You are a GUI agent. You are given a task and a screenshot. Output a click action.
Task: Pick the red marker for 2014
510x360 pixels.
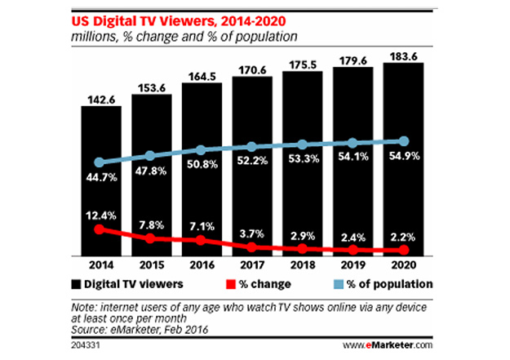[x=100, y=229]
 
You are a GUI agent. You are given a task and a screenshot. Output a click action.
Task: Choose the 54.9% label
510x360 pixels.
[x=403, y=156]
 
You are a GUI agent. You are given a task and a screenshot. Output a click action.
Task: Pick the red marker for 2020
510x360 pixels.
[x=403, y=251]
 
